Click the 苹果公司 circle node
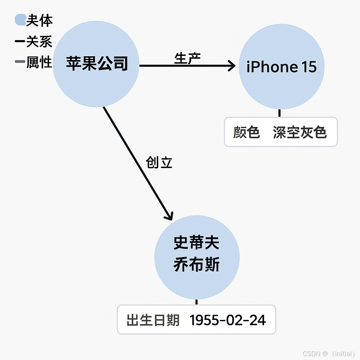point(96,64)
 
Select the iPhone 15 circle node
point(282,66)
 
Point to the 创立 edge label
point(159,162)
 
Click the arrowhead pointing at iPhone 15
point(232,66)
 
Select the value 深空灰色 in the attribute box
point(300,132)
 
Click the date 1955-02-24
point(228,320)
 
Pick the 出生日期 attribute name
point(153,320)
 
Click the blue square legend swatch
point(20,20)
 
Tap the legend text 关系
point(39,42)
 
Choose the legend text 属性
point(39,63)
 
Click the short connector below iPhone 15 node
point(279,113)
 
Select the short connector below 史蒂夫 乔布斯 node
point(197,302)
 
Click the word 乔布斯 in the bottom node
point(197,265)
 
